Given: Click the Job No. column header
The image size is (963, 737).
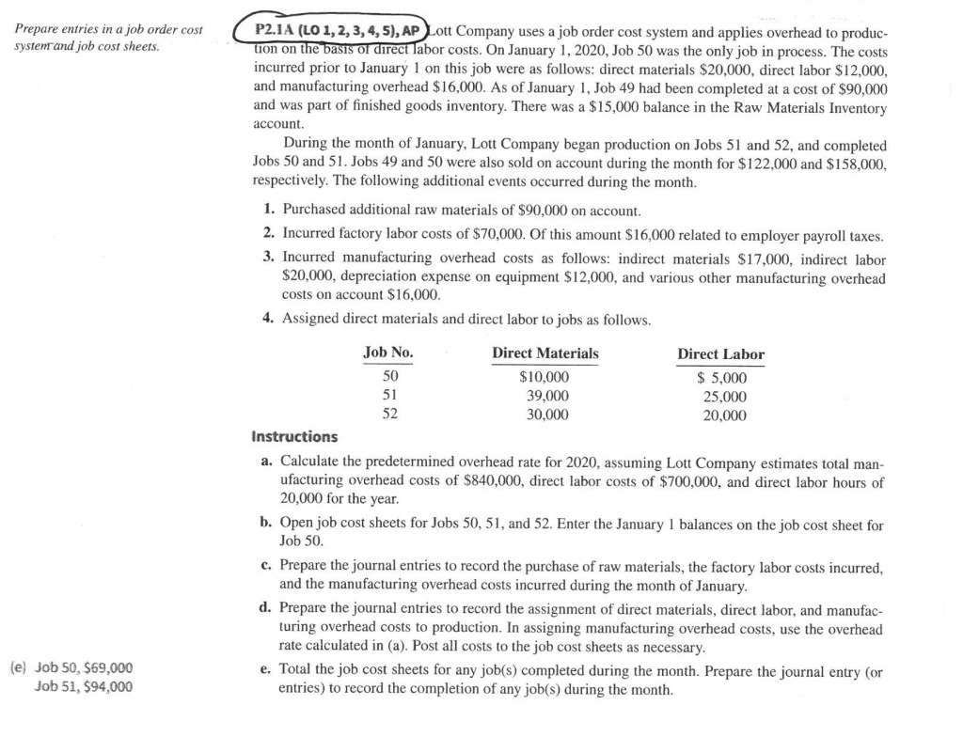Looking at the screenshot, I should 387,353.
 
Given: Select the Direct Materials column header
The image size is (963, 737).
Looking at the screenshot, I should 545,353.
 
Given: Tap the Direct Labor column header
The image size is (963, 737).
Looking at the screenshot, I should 720,354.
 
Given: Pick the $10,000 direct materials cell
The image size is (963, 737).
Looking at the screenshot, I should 545,378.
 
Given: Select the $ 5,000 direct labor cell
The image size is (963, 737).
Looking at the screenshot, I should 721,379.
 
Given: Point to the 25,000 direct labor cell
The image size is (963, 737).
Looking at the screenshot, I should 725,397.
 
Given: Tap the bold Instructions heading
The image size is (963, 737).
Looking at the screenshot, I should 294,437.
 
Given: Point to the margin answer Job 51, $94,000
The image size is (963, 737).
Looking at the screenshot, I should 83,685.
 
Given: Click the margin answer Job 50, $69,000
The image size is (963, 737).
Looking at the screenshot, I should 83,667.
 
